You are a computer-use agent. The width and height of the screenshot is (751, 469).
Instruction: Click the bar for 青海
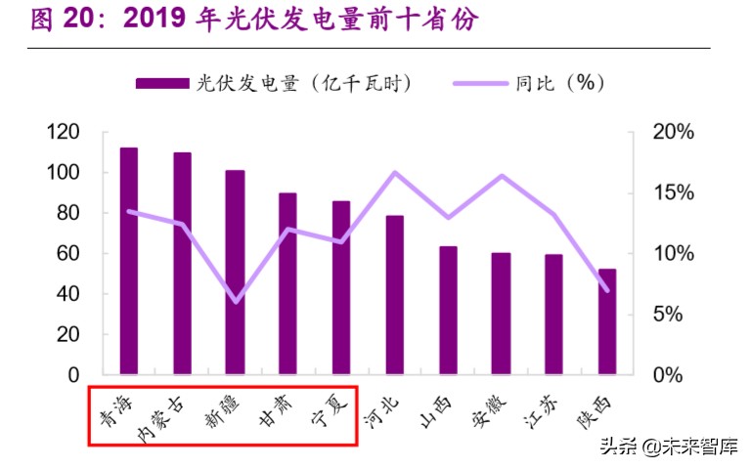click(x=128, y=261)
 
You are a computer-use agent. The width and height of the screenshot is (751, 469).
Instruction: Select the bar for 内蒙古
click(x=182, y=263)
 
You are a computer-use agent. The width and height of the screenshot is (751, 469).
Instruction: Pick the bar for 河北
click(x=394, y=294)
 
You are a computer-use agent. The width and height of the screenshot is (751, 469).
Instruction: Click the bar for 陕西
click(x=607, y=321)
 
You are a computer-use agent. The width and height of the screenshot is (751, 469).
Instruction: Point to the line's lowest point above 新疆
click(x=235, y=301)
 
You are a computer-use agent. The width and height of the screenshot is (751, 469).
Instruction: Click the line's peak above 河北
click(x=395, y=173)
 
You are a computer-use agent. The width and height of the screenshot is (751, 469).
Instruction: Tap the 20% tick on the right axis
click(x=673, y=132)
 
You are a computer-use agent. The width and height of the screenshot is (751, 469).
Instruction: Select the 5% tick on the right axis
click(x=673, y=315)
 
